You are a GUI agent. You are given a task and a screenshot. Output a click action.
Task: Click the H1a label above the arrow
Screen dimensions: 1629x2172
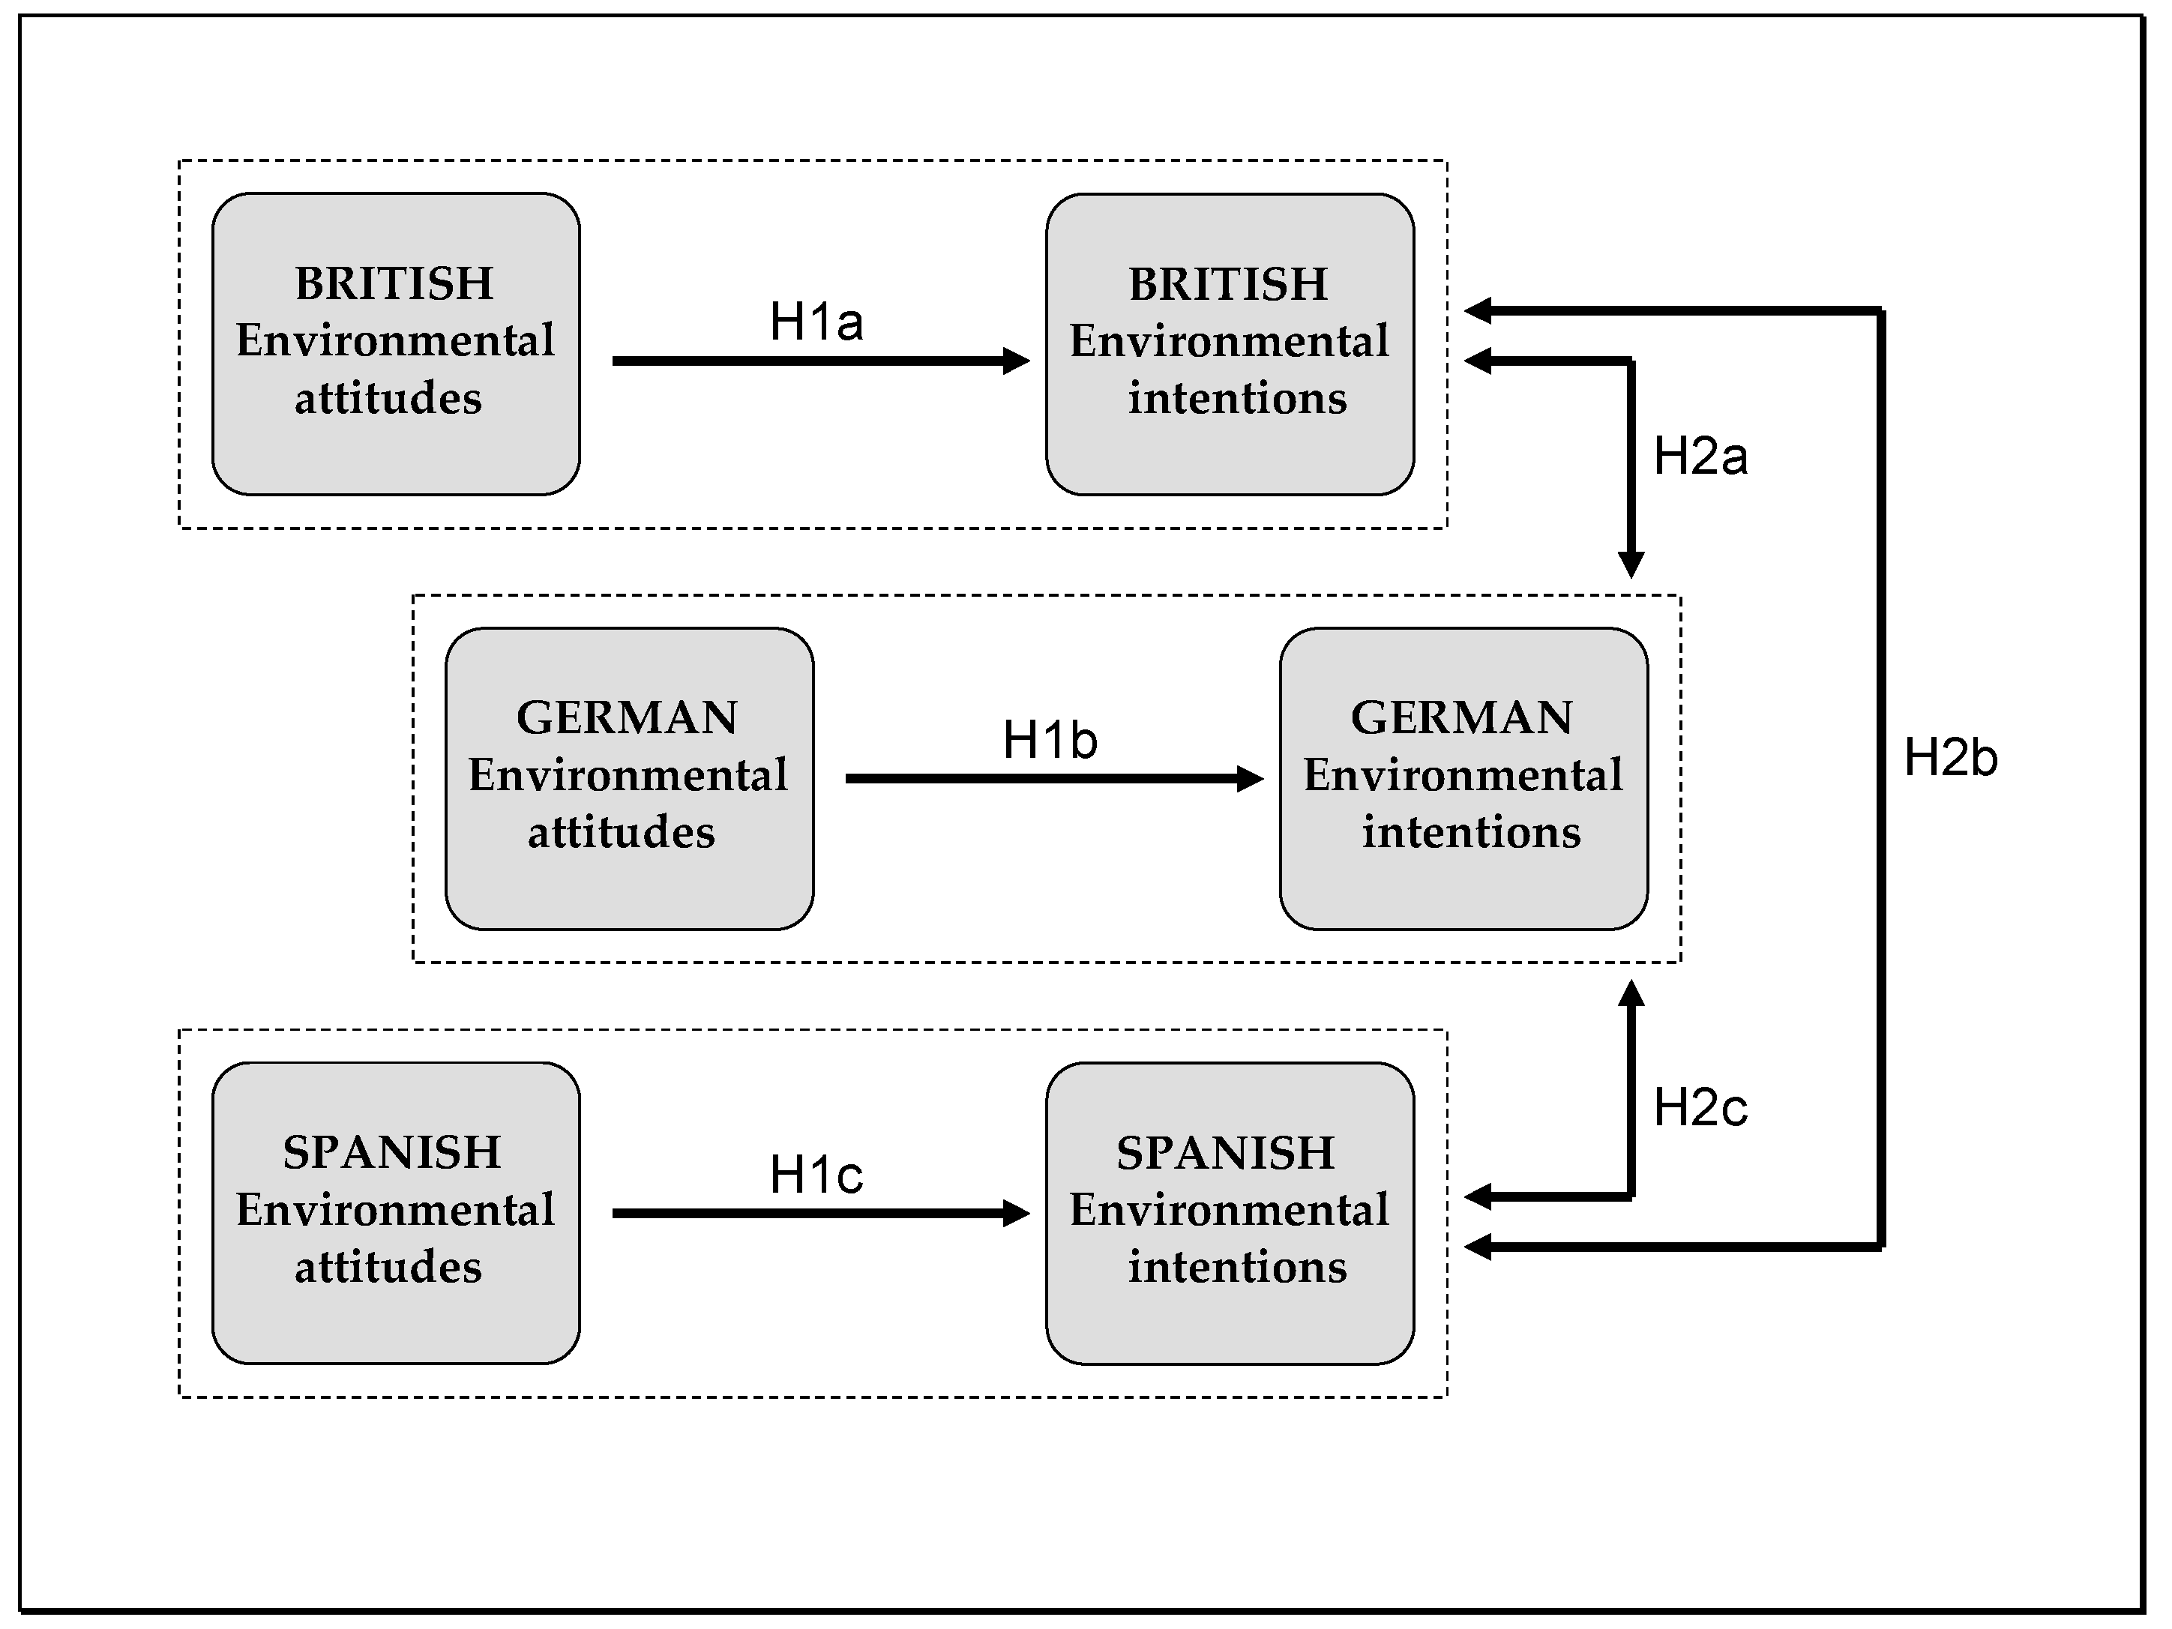[x=816, y=322]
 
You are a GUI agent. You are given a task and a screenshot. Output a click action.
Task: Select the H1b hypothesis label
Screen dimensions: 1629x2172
[x=1049, y=741]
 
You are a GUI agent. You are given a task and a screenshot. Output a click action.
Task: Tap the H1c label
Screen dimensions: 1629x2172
[x=816, y=1175]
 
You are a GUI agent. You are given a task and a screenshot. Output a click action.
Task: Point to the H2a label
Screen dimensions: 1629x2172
[x=1700, y=457]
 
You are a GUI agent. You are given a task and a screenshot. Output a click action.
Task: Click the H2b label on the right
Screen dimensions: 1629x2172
[x=1950, y=758]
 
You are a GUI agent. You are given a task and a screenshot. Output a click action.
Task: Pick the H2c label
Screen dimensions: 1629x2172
[x=1700, y=1107]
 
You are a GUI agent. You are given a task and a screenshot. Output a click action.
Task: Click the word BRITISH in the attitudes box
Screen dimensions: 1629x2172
[x=394, y=284]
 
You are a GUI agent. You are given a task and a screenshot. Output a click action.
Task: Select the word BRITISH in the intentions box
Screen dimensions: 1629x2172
[x=1227, y=285]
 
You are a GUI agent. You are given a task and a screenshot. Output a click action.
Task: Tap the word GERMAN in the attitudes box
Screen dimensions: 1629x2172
[x=627, y=717]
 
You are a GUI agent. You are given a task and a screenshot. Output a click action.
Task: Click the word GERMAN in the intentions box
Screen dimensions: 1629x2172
[x=1461, y=717]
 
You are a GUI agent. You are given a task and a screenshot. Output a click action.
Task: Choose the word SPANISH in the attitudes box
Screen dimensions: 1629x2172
[x=392, y=1153]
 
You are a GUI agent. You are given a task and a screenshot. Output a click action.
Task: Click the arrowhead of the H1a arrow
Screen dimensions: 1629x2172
[x=1017, y=361]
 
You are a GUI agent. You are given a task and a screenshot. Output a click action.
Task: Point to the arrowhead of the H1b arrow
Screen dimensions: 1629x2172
[x=1251, y=779]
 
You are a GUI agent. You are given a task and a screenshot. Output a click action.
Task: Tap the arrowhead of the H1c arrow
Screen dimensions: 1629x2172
[x=1017, y=1214]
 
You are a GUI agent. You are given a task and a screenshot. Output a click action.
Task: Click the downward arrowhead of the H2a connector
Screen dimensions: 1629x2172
[x=1630, y=565]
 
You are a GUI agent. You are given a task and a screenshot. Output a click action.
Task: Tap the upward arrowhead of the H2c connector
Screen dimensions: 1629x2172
[x=1630, y=994]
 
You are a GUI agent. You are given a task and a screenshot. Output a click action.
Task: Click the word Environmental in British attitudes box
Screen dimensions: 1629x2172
[x=394, y=341]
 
